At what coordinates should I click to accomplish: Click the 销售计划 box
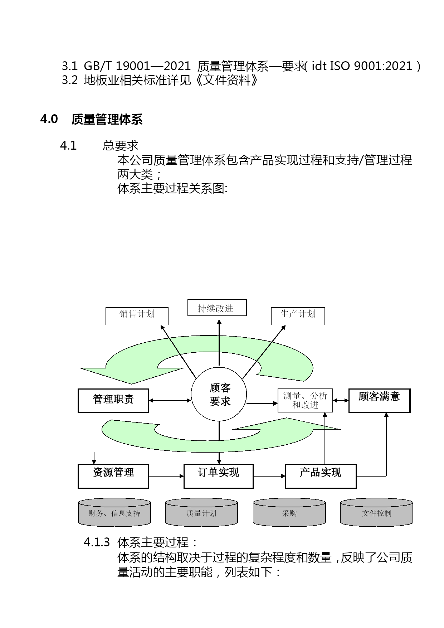pyautogui.click(x=137, y=316)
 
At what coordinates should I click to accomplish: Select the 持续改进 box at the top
pyautogui.click(x=217, y=308)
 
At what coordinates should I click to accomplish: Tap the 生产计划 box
pyautogui.click(x=298, y=316)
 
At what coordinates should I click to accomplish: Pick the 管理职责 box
pyautogui.click(x=113, y=401)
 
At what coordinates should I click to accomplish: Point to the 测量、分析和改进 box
pyautogui.click(x=305, y=400)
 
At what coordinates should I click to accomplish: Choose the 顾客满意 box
pyautogui.click(x=380, y=401)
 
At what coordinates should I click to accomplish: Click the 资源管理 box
pyautogui.click(x=113, y=476)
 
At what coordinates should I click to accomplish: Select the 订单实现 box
pyautogui.click(x=219, y=476)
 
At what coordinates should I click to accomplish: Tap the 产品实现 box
pyautogui.click(x=321, y=476)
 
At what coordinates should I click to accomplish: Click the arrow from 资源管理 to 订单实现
pyautogui.click(x=166, y=476)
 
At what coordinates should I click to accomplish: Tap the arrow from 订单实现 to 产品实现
pyautogui.click(x=269, y=476)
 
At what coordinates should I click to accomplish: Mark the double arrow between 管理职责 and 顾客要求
pyautogui.click(x=170, y=401)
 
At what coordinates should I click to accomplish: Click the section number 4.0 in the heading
pyautogui.click(x=49, y=119)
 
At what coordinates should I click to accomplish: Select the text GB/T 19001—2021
pyautogui.click(x=137, y=66)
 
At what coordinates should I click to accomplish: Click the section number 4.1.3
pyautogui.click(x=97, y=542)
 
